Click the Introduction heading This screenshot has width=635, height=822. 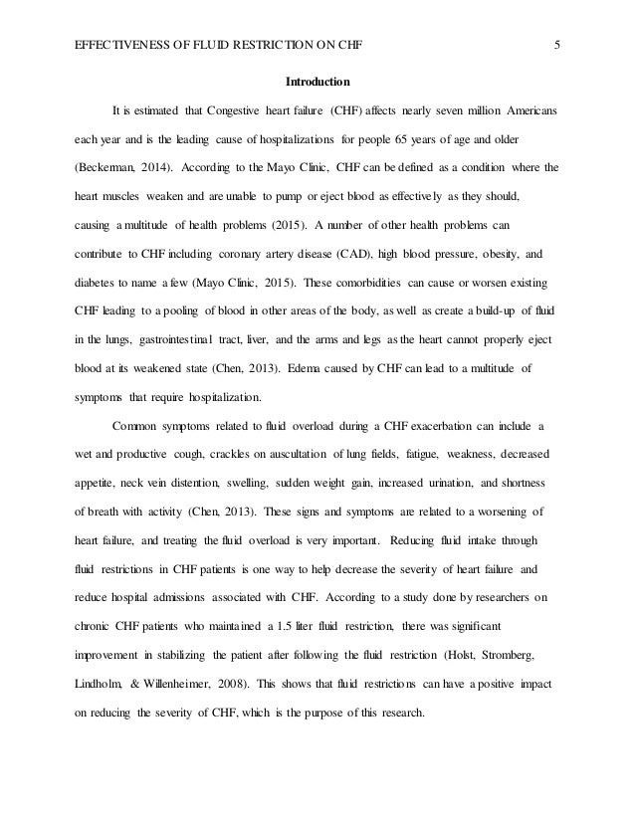coord(317,81)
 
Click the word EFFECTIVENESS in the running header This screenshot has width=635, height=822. coord(106,44)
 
